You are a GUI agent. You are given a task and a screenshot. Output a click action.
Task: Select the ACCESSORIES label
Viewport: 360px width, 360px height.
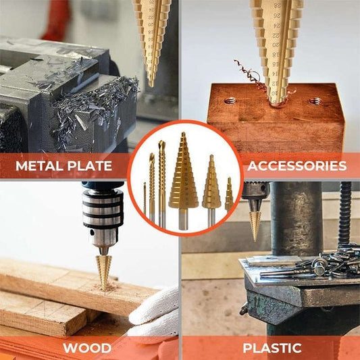click(x=297, y=166)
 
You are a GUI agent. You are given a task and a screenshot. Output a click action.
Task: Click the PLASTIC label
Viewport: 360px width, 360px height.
click(x=272, y=349)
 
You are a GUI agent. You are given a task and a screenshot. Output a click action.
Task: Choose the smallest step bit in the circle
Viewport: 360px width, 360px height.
click(x=229, y=195)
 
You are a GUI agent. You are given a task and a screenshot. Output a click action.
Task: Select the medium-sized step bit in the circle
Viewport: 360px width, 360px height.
click(x=211, y=185)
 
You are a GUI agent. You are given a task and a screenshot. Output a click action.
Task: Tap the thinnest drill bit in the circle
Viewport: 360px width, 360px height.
click(x=145, y=199)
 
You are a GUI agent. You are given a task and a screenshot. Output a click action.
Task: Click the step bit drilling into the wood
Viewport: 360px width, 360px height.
click(x=103, y=267)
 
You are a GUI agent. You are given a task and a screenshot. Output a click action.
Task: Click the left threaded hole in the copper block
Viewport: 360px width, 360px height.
click(x=231, y=101)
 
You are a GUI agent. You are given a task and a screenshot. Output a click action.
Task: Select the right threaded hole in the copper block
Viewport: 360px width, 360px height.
click(x=315, y=101)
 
